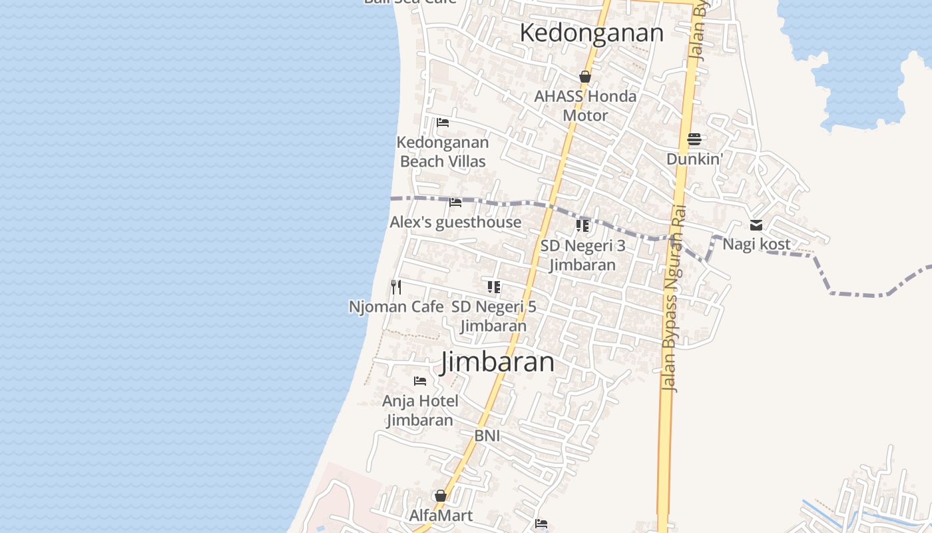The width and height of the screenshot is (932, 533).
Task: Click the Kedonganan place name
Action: (591, 33)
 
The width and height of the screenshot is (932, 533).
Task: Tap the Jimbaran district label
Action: (498, 362)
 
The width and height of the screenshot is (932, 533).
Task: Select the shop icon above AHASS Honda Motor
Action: (585, 77)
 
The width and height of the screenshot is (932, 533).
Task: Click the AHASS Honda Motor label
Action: (585, 106)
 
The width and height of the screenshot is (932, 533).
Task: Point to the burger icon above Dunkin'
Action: (694, 139)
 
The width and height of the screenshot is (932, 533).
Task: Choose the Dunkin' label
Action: (694, 159)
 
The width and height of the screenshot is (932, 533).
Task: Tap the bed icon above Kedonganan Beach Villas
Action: (443, 122)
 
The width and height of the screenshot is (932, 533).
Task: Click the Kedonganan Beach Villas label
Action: (443, 152)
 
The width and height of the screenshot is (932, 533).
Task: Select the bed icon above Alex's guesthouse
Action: (455, 202)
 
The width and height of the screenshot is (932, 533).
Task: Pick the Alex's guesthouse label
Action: (455, 222)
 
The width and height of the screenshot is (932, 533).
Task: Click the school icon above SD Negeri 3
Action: (582, 226)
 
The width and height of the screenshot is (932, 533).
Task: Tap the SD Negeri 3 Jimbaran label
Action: (582, 255)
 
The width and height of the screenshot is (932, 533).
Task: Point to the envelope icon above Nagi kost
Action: (756, 225)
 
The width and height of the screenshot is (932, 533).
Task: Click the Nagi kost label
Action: (756, 244)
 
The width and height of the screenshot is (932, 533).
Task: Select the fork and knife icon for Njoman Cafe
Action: (396, 287)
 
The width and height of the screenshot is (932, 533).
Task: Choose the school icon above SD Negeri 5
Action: (493, 287)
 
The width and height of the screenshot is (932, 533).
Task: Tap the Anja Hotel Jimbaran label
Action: (420, 410)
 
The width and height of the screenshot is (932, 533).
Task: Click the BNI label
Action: (487, 436)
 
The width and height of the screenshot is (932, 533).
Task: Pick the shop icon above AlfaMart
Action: (440, 496)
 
